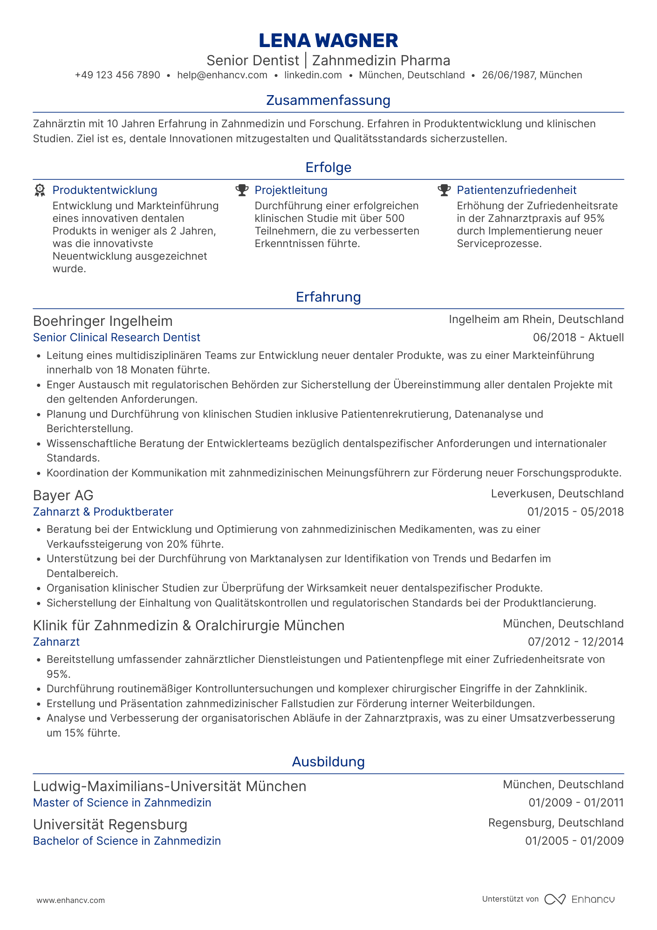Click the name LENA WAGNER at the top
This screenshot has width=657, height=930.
click(x=328, y=41)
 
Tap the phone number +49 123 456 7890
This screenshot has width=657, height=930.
click(x=117, y=75)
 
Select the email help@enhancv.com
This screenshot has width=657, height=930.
click(x=222, y=75)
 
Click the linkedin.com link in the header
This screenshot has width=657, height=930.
click(x=313, y=75)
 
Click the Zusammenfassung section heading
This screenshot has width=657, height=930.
click(x=328, y=100)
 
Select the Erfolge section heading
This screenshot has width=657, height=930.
click(x=328, y=167)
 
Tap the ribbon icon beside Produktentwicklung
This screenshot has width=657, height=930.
click(x=40, y=190)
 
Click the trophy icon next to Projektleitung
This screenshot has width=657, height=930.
click(x=242, y=190)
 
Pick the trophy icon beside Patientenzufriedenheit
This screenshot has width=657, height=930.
click(x=444, y=190)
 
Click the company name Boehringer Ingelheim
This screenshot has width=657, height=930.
click(x=103, y=321)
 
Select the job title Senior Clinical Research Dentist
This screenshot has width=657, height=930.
click(x=116, y=338)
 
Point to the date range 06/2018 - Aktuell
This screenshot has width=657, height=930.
click(x=578, y=338)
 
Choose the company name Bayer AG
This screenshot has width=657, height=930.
click(x=63, y=495)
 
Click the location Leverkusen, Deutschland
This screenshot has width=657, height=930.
click(x=557, y=494)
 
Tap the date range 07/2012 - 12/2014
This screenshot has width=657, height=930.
click(x=575, y=642)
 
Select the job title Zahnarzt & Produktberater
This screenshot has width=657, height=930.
click(x=103, y=512)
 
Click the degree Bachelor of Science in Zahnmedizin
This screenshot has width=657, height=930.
click(x=127, y=841)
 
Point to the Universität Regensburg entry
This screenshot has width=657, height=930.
click(x=110, y=825)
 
